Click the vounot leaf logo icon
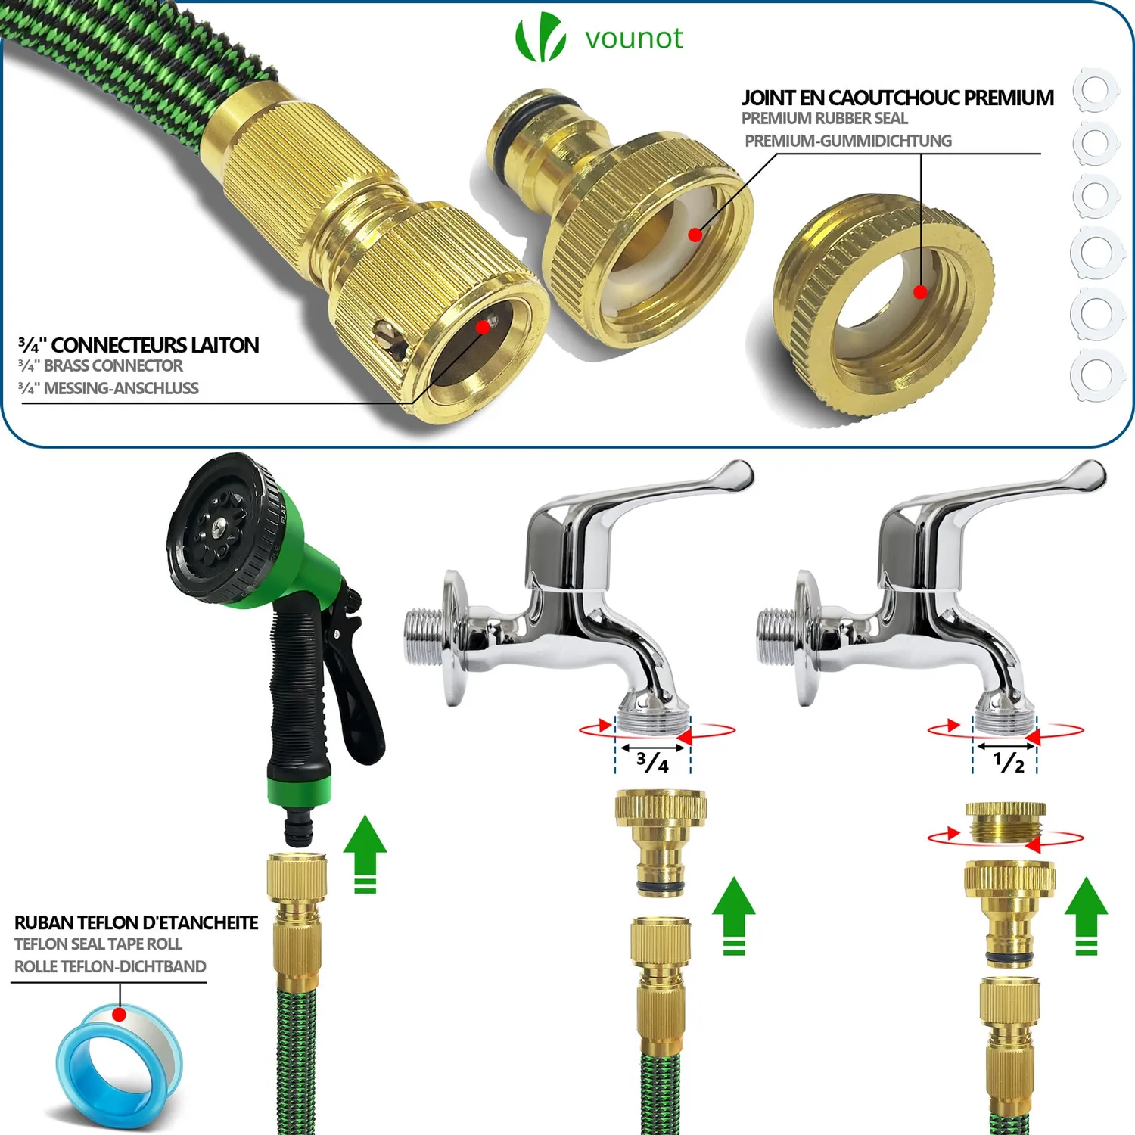[x=540, y=38]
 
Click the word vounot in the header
[x=634, y=38]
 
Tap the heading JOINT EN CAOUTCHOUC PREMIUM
[x=897, y=98]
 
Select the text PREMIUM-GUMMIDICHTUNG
[x=848, y=141]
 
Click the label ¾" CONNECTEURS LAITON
[x=138, y=346]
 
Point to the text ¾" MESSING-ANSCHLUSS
[x=108, y=388]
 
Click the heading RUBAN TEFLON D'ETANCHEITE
[x=136, y=922]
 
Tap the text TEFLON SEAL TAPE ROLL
[x=98, y=944]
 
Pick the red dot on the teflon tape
[x=119, y=1014]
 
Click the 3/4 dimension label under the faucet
[x=652, y=761]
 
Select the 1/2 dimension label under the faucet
[x=1009, y=761]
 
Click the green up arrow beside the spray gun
[x=365, y=854]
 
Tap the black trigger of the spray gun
[x=356, y=681]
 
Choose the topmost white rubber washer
[x=1095, y=89]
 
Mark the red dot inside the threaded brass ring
[x=920, y=292]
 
